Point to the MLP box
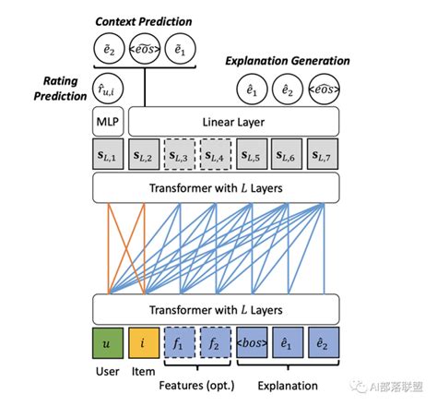pos(107,120)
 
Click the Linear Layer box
pos(234,120)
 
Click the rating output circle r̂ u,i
pos(107,90)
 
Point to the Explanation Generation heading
pos(288,61)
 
